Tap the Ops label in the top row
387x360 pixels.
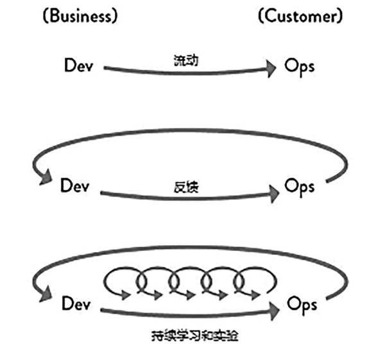click(300, 65)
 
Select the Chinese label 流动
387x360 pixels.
click(185, 60)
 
